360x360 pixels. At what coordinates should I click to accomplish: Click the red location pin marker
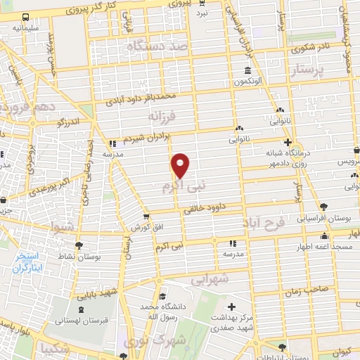(181, 165)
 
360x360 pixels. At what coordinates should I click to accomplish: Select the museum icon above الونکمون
(248, 70)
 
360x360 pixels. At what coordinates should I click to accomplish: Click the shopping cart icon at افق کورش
(146, 217)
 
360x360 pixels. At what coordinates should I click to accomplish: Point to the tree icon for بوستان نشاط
(79, 246)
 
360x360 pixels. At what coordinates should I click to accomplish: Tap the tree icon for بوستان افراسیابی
(323, 207)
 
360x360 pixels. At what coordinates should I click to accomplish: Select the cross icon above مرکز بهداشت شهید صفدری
(233, 306)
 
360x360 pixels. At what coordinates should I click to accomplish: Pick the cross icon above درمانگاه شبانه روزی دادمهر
(287, 142)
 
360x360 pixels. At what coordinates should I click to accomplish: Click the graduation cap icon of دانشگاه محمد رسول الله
(163, 296)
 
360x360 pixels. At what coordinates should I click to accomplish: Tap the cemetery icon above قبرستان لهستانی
(81, 309)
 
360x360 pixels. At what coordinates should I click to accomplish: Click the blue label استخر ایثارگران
(28, 262)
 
